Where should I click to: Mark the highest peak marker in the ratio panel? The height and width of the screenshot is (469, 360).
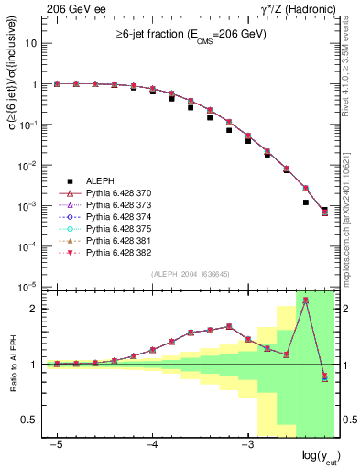(x=305, y=300)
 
